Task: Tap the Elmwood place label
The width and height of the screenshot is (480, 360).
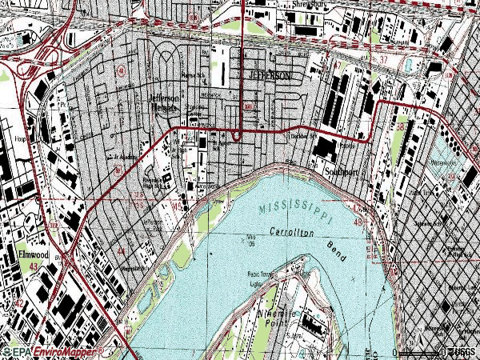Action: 31,256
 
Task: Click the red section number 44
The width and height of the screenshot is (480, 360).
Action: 121,250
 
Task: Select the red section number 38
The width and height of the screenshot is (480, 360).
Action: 400,126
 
